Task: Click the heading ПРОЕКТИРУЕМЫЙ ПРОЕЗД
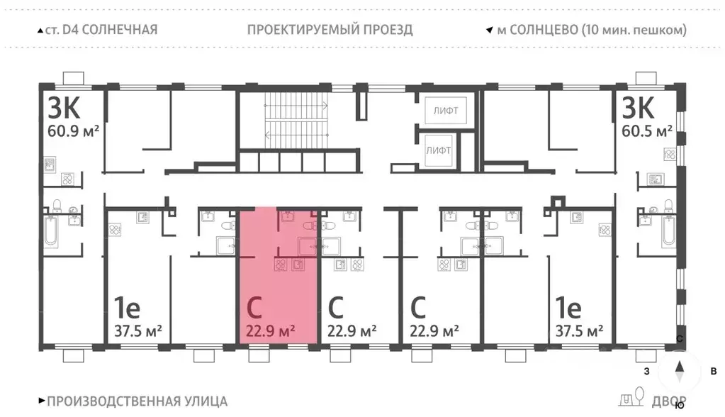330,30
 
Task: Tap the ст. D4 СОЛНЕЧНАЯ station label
96,30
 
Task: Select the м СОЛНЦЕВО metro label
591,30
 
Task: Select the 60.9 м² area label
74,132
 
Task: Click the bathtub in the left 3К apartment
52,231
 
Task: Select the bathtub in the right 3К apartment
668,231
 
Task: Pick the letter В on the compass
714,370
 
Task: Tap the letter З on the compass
646,370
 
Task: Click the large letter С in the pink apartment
254,307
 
